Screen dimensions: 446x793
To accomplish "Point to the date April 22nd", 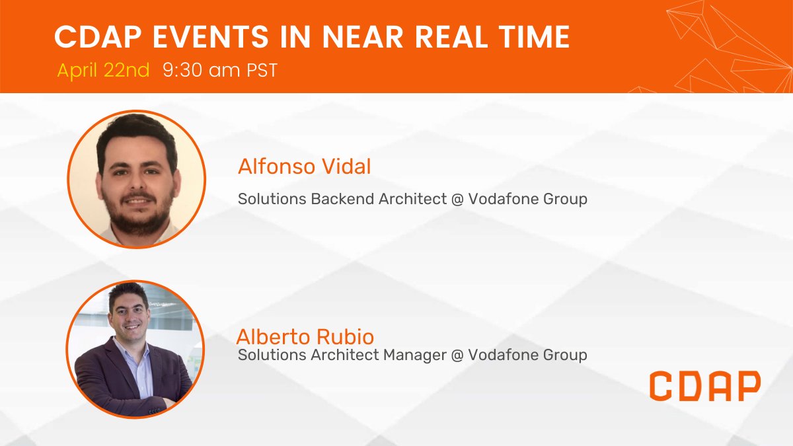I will pos(103,70).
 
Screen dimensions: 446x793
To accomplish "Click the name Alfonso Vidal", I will pos(304,167).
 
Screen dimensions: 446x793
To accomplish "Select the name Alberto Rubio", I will pos(301,336).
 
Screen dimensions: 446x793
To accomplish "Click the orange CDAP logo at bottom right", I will pos(704,386).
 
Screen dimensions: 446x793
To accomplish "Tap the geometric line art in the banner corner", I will pos(727,46).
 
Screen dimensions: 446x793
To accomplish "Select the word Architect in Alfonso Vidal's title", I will pos(413,198).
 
